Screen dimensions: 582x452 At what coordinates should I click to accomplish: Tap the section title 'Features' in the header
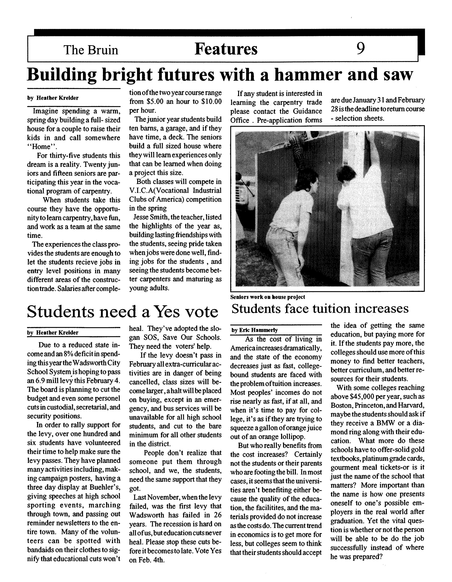tap(226, 49)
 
